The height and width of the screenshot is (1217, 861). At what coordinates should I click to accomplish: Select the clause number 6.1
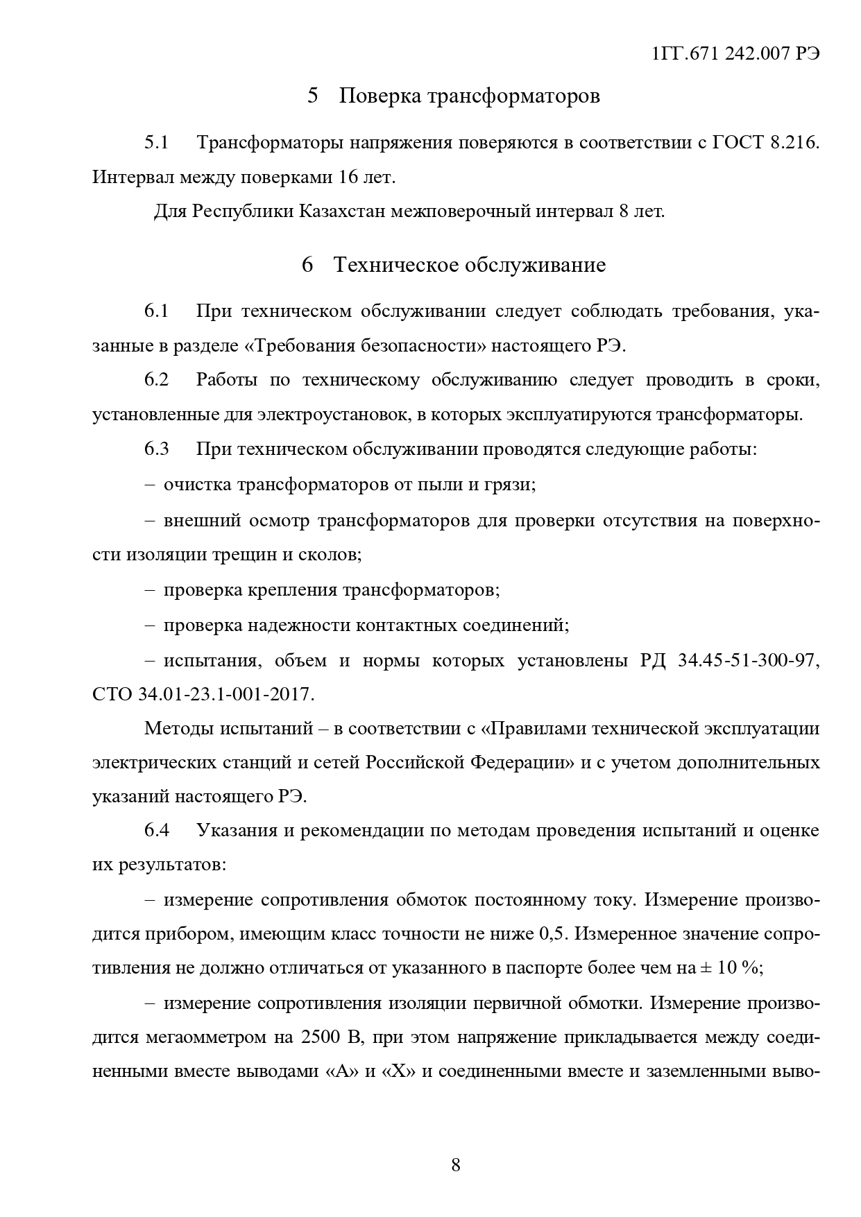point(157,311)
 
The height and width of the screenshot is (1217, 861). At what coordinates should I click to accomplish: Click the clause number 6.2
point(157,380)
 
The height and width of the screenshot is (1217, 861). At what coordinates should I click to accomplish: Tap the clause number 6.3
point(157,449)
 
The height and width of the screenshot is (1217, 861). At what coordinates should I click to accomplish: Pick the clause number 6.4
point(157,830)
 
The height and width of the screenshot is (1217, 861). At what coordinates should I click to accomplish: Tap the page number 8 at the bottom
point(456,1164)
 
